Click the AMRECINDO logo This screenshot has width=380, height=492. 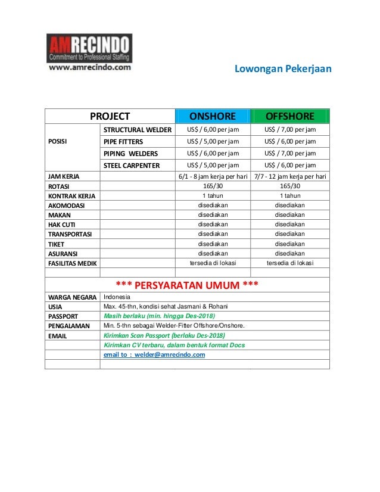89,48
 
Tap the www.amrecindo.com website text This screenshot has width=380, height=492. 89,68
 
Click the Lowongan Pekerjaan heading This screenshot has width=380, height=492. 282,69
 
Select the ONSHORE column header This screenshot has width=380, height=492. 213,116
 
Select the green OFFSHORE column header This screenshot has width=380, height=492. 289,116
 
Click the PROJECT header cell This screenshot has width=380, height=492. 110,116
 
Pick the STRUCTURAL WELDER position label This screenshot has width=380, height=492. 138,130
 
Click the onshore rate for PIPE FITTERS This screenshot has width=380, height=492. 213,142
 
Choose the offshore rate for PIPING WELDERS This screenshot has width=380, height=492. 289,154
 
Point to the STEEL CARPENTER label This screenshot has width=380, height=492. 132,166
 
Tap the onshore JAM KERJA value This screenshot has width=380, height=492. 213,176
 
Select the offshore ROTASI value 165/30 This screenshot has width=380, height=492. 289,186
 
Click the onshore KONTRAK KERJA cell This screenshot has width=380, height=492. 213,195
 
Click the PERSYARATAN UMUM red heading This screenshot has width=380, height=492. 186,284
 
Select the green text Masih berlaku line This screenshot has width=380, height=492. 159,316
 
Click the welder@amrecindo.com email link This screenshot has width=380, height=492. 154,354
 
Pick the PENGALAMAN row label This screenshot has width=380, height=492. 68,326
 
